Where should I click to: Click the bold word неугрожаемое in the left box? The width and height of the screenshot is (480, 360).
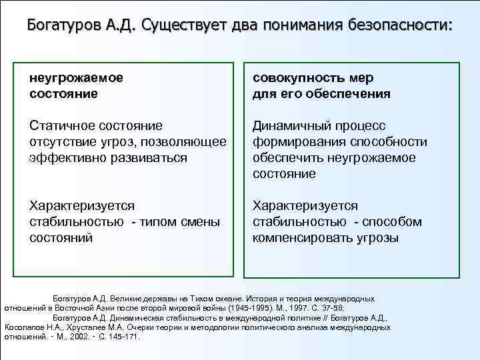coord(76,78)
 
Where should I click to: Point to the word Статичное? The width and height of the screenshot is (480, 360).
coord(62,126)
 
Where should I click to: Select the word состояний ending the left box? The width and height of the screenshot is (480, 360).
coord(61,238)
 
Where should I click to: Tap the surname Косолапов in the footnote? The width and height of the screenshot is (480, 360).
coord(24,327)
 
